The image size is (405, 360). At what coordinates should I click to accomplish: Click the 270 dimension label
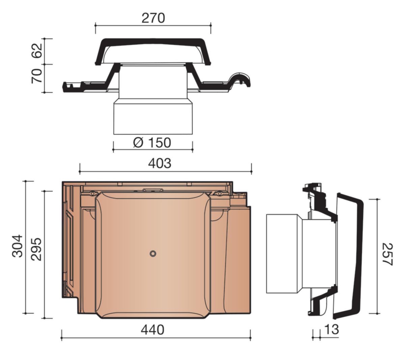(153, 18)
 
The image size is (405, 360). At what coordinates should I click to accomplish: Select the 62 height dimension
(37, 51)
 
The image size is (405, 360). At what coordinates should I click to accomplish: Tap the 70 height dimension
(37, 76)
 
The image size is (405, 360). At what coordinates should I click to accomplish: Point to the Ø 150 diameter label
(152, 143)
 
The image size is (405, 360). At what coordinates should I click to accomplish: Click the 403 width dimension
(160, 163)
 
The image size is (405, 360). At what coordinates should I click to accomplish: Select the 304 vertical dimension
(17, 246)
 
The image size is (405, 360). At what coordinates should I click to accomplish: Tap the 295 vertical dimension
(36, 249)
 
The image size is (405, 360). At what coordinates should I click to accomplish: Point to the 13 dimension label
(331, 329)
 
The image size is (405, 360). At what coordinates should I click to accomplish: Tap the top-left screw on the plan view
(92, 193)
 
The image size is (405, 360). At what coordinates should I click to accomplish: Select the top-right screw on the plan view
(219, 193)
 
